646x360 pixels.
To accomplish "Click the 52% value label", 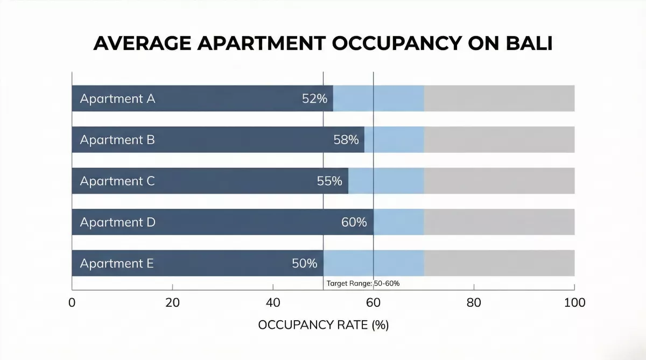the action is [x=314, y=98].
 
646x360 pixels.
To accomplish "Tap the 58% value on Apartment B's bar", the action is [x=346, y=140].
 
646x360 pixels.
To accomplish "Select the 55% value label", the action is [x=329, y=181].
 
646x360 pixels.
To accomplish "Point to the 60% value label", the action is [x=354, y=222].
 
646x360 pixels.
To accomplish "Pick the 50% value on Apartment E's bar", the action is [x=305, y=264].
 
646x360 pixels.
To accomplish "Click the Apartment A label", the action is [x=118, y=99].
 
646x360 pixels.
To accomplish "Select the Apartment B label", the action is [x=117, y=140].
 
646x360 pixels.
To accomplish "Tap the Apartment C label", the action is [x=117, y=181].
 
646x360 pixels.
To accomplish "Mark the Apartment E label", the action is [x=117, y=264].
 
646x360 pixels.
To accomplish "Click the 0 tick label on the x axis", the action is [x=72, y=302].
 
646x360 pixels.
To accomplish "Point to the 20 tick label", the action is [x=172, y=302].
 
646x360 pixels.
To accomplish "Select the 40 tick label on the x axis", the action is [x=273, y=302].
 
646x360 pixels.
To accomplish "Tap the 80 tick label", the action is [x=474, y=302].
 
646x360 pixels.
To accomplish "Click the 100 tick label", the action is [x=574, y=302].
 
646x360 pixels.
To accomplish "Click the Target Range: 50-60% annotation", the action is [x=363, y=284].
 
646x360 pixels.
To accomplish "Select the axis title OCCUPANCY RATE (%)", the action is [x=324, y=325].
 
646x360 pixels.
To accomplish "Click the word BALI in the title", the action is [x=529, y=44].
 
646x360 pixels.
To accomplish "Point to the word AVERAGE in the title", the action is [x=142, y=44].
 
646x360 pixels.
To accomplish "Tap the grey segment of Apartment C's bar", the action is [x=499, y=181].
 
